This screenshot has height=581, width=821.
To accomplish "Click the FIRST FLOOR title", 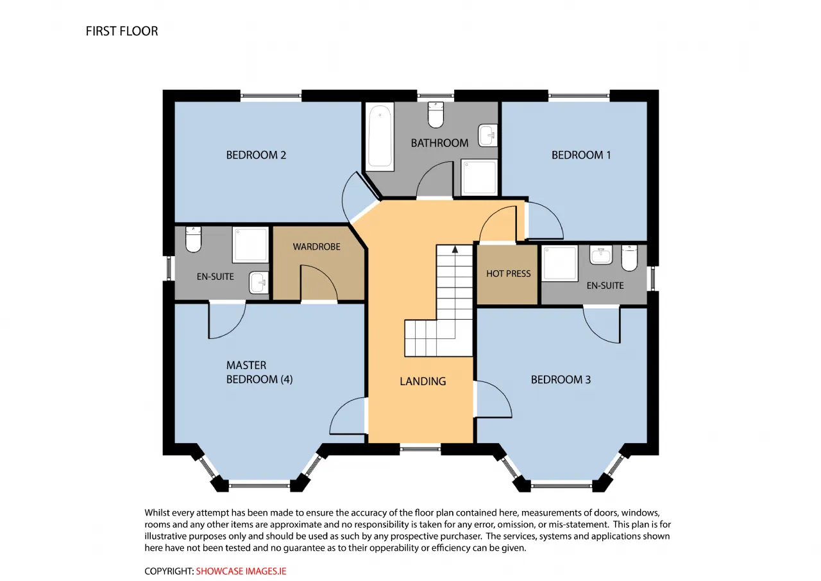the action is pyautogui.click(x=122, y=31).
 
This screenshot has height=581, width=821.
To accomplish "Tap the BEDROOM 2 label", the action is pyautogui.click(x=256, y=155).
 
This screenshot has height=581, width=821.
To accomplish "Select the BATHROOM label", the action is pyautogui.click(x=439, y=143).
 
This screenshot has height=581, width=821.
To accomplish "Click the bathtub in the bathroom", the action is pyautogui.click(x=380, y=137).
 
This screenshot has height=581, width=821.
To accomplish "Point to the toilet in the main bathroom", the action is pyautogui.click(x=436, y=115).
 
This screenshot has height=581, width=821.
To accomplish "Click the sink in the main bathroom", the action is pyautogui.click(x=488, y=135).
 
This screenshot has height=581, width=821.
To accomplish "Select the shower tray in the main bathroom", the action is pyautogui.click(x=479, y=177).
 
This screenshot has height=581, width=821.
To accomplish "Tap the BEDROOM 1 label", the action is pyautogui.click(x=581, y=155).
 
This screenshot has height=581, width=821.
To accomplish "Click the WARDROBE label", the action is pyautogui.click(x=317, y=247).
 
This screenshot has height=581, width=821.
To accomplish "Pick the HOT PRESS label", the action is pyautogui.click(x=509, y=273).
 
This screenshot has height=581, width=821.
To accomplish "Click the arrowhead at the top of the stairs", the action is pyautogui.click(x=455, y=250).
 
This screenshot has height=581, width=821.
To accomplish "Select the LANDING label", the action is pyautogui.click(x=423, y=381).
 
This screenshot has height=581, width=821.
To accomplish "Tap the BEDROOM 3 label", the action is pyautogui.click(x=561, y=379).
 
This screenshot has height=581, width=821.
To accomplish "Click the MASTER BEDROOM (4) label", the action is pyautogui.click(x=259, y=372).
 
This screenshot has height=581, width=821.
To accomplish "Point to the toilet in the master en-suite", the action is pyautogui.click(x=193, y=239).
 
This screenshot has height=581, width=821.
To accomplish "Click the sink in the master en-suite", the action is pyautogui.click(x=258, y=282).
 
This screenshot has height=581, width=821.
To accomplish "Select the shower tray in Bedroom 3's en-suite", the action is pyautogui.click(x=560, y=263).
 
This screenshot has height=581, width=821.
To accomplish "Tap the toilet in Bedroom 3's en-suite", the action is pyautogui.click(x=629, y=258).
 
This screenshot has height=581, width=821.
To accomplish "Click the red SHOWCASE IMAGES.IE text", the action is pyautogui.click(x=241, y=571).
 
